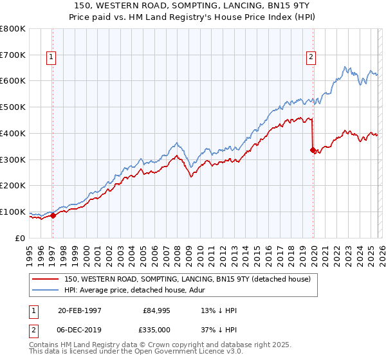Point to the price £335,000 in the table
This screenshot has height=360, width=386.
point(158,330)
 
